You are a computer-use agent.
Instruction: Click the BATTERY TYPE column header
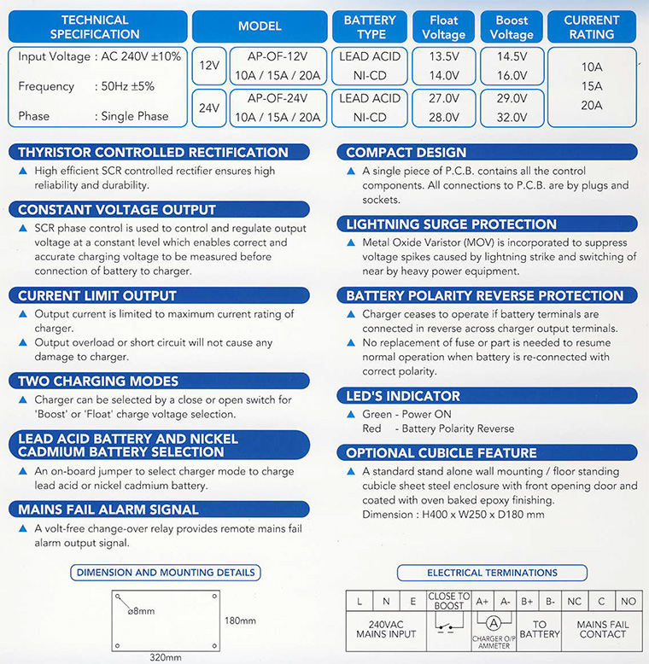coord(370,26)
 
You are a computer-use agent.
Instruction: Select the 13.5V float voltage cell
coord(443,56)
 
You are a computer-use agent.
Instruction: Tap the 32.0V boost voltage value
coord(512,118)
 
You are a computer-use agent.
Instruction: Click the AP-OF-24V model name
coord(277,99)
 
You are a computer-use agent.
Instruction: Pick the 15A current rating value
coord(592,86)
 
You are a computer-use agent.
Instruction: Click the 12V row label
coord(209,65)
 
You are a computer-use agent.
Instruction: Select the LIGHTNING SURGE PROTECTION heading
coord(452,224)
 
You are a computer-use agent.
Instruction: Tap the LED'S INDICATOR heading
coord(403,396)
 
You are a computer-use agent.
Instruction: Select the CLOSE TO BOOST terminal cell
coord(449,601)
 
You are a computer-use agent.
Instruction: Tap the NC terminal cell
coord(574,601)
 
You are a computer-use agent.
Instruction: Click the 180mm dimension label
coord(239,620)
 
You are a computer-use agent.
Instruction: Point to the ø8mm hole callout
coord(139,610)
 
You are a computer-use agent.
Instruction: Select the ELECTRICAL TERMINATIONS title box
coord(492,573)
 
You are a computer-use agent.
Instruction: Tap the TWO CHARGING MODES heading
coord(98,382)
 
